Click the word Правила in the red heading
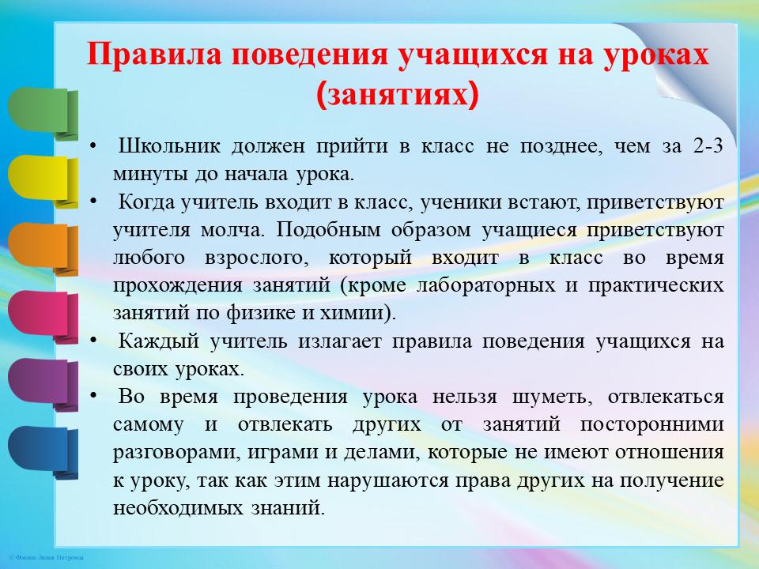(x=154, y=54)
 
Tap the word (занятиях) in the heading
(x=398, y=94)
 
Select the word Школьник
(x=169, y=145)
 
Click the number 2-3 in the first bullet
(x=707, y=145)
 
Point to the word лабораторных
(x=486, y=285)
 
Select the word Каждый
(x=159, y=341)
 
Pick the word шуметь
(x=553, y=398)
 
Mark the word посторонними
(x=652, y=425)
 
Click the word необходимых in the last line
(x=177, y=508)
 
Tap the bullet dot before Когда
(x=93, y=202)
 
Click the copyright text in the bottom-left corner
(x=47, y=558)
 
